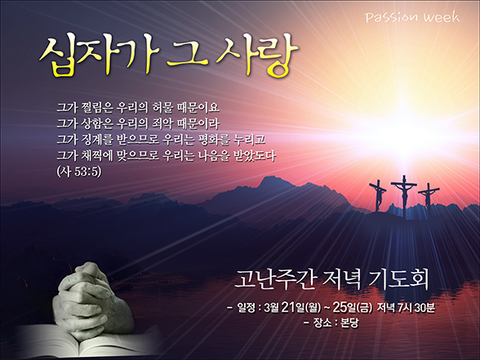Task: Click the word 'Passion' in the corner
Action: coord(391,17)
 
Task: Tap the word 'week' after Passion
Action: coord(442,17)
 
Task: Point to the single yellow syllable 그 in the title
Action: coord(187,56)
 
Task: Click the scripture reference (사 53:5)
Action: coord(79,171)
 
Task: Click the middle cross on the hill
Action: coord(404,195)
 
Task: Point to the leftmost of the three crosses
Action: coord(378,195)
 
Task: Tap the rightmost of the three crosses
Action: coord(429,196)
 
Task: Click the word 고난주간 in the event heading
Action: coord(275,279)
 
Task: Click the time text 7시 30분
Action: coord(416,307)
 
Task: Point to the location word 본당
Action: coord(349,322)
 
